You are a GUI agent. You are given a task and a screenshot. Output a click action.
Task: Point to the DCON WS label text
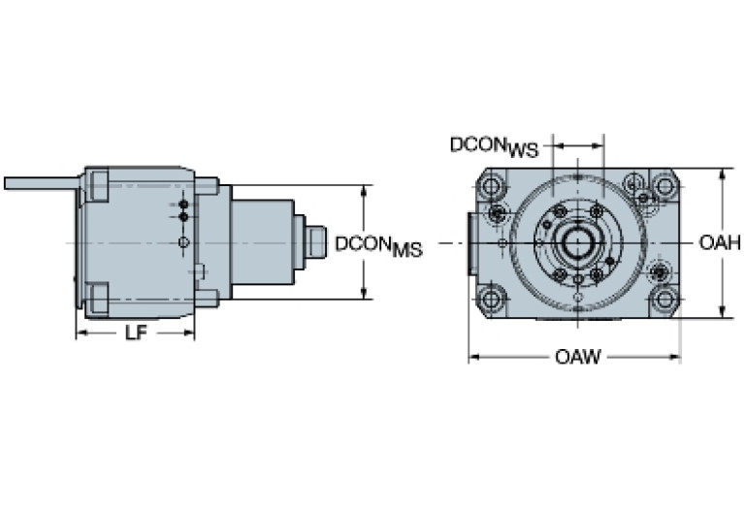(494, 145)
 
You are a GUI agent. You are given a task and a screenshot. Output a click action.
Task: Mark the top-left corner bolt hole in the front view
(492, 183)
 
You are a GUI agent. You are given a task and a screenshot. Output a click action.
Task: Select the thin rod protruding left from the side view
(39, 182)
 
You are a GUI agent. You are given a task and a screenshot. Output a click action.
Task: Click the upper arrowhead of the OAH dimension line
(723, 174)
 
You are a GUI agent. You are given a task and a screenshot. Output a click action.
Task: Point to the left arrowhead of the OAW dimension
(473, 357)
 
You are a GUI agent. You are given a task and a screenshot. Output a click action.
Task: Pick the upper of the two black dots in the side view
(183, 205)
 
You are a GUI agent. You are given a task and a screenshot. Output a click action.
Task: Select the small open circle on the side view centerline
(183, 240)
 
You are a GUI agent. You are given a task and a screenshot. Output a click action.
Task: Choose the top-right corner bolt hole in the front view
(663, 184)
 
